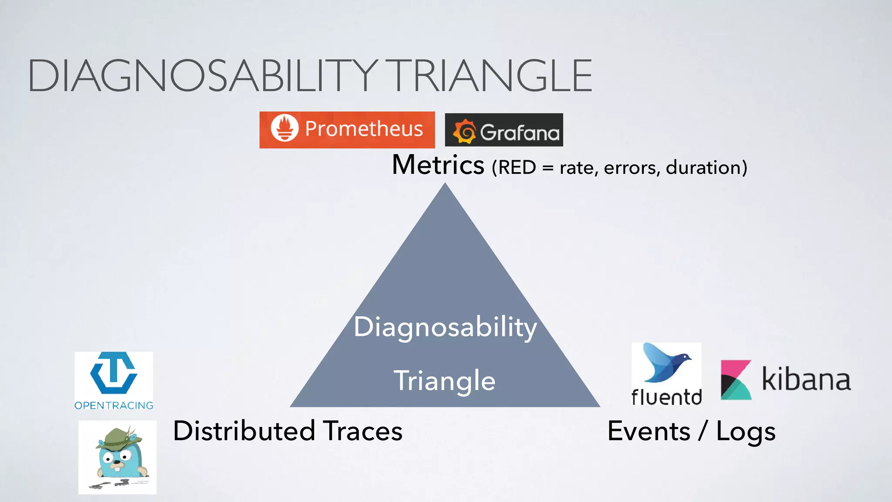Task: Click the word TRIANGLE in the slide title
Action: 491,76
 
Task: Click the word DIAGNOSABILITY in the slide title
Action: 203,76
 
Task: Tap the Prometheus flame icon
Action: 285,128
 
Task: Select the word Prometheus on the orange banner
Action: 364,129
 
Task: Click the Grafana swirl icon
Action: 465,132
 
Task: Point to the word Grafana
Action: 519,132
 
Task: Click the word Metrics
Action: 438,165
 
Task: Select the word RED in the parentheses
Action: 517,168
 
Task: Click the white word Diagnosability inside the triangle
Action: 445,327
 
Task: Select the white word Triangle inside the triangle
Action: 445,380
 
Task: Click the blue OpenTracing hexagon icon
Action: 114,373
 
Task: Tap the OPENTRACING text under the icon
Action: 114,406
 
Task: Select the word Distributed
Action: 244,431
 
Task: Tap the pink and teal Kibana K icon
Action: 736,380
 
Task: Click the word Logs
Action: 746,432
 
